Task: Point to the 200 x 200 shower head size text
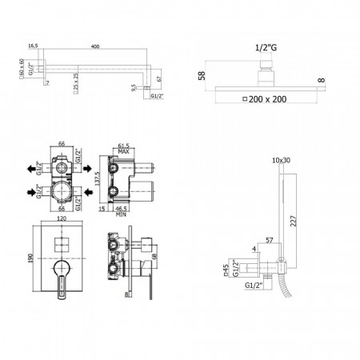265,99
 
